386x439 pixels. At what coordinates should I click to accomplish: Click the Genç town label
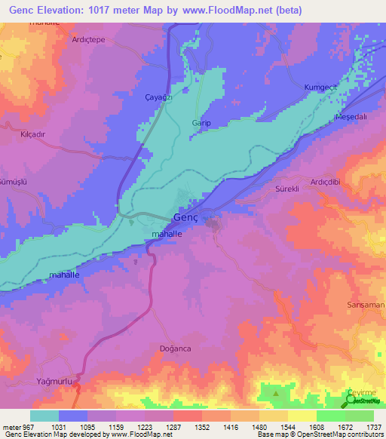[185, 217]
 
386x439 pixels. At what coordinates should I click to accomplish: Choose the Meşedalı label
[350, 118]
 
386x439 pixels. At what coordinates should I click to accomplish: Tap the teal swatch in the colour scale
[44, 416]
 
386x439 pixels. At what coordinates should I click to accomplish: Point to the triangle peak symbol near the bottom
[276, 393]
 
